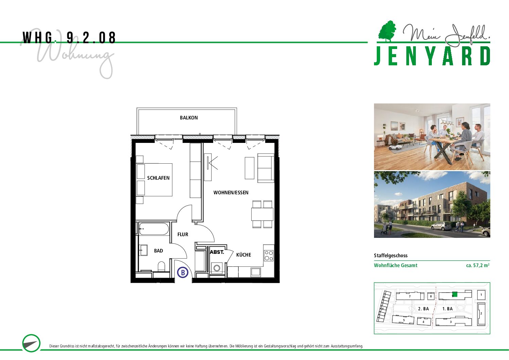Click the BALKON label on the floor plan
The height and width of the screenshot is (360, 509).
189,118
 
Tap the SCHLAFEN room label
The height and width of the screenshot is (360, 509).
158,178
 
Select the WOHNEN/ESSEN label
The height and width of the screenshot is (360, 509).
231,193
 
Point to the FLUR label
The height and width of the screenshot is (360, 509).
183,234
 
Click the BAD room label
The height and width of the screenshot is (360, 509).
158,251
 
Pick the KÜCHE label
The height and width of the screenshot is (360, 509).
243,255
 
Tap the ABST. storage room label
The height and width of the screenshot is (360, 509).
217,252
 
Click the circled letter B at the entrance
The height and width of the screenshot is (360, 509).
183,273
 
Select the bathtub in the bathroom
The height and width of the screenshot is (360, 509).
154,229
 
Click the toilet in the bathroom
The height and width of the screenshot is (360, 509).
161,266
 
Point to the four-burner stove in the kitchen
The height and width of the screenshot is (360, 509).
269,256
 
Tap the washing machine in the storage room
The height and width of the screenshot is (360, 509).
217,268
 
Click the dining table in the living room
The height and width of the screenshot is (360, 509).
262,214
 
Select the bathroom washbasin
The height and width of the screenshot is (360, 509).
143,250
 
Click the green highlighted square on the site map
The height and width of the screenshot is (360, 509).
455,295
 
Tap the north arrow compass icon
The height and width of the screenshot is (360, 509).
31,343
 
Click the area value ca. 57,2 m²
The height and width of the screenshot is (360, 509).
478,265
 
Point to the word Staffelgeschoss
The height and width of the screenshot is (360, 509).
391,256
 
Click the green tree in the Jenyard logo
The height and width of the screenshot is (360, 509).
387,31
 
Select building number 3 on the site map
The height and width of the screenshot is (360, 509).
451,322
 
